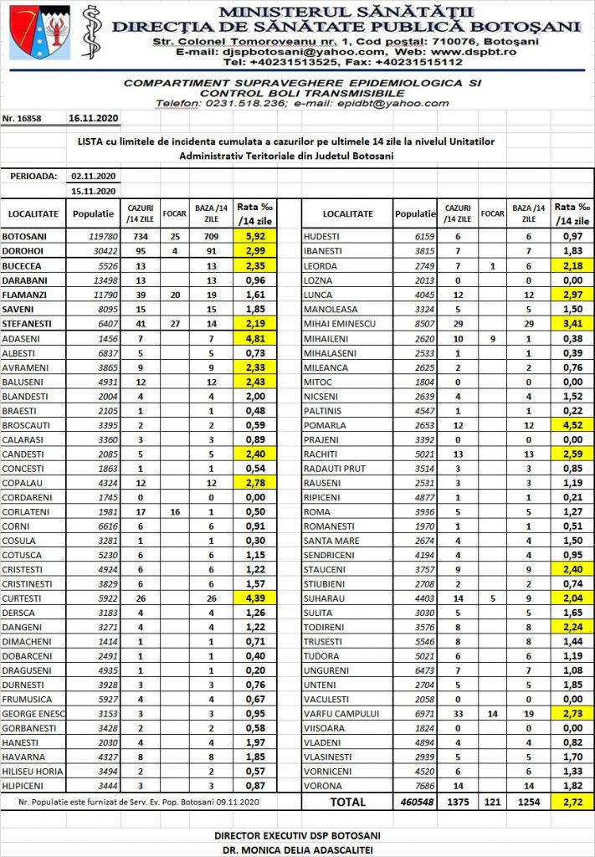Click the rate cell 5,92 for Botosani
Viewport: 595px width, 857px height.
pos(254,237)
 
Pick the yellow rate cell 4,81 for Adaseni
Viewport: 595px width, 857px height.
pos(254,338)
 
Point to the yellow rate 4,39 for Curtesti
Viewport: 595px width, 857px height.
pos(254,599)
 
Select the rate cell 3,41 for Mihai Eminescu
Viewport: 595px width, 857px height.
pos(572,323)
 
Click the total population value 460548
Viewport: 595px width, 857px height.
pos(416,803)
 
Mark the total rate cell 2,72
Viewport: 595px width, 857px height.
pos(572,803)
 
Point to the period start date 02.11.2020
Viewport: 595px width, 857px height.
pos(93,176)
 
